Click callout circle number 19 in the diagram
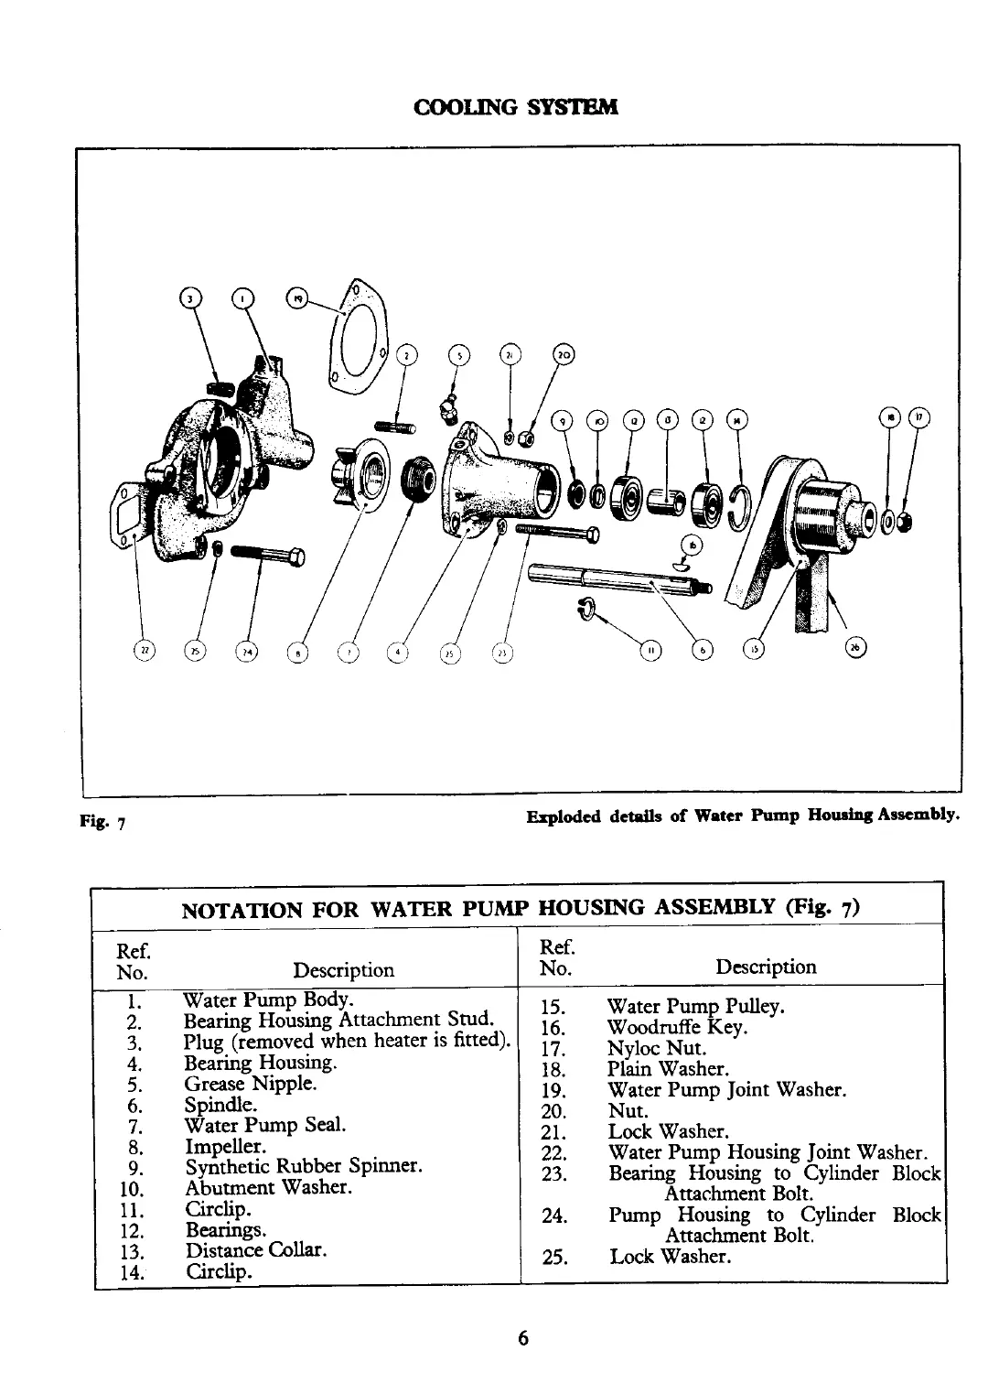pos(298,297)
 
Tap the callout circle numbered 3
pos(189,298)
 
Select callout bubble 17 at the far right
pos(918,417)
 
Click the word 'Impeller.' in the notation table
pos(225,1147)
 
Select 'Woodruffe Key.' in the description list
pos(677,1028)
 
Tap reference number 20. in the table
pos(555,1112)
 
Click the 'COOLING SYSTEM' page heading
pos(516,107)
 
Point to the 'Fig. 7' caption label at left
pos(102,820)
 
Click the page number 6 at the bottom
pos(522,1337)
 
